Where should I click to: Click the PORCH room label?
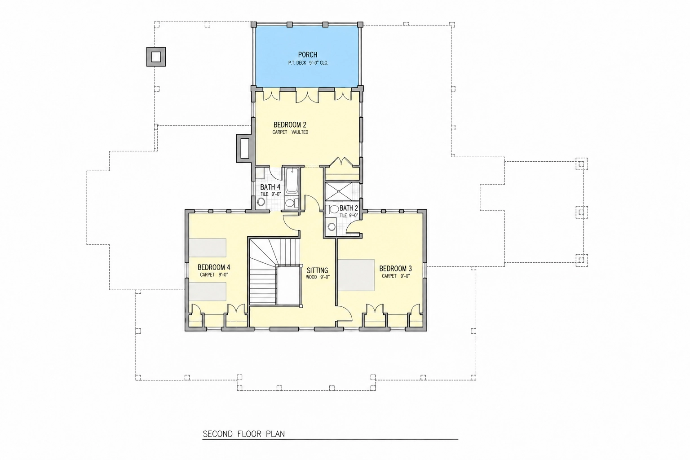pos(307,55)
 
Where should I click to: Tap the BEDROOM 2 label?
pos(290,125)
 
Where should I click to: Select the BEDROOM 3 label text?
pos(395,269)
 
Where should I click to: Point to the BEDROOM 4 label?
pos(214,267)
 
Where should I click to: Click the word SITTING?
pos(317,270)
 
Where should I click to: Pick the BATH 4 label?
pos(270,187)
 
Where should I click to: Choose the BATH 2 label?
pos(349,208)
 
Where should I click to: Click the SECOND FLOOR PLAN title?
pos(243,434)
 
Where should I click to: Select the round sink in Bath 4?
pos(261,202)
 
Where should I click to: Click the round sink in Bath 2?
pos(332,227)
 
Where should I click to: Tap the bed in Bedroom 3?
pos(356,275)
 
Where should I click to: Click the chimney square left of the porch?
pos(156,57)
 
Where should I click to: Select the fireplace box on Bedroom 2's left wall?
pos(244,149)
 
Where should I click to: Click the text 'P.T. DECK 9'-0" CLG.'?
pos(308,63)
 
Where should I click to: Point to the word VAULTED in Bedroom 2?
pos(299,132)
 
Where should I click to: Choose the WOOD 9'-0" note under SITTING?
pos(318,277)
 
